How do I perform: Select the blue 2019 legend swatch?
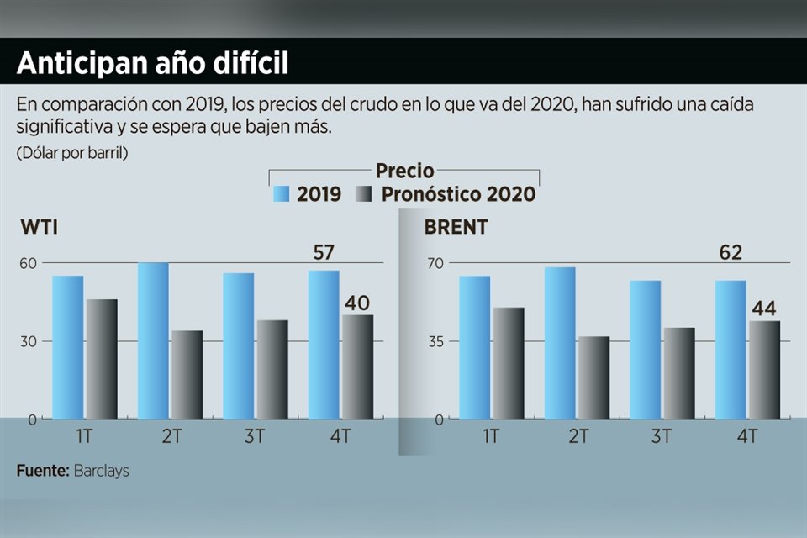tap(282, 195)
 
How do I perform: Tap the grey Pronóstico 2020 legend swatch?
tap(365, 195)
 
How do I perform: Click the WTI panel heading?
tap(39, 228)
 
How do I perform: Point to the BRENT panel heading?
tap(456, 228)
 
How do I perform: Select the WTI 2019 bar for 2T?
tap(153, 340)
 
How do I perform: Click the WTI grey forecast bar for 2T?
tap(187, 375)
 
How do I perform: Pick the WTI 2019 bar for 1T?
tap(67, 347)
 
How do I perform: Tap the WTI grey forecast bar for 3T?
tap(272, 369)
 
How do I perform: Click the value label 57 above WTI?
tap(324, 253)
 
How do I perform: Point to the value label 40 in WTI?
tap(357, 303)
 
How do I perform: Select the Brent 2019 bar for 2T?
tap(560, 343)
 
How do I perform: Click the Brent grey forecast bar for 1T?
tap(508, 363)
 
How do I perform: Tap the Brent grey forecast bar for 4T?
tap(764, 370)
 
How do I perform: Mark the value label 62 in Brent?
tap(731, 253)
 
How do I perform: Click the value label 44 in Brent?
tap(763, 308)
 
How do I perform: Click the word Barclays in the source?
tap(101, 471)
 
